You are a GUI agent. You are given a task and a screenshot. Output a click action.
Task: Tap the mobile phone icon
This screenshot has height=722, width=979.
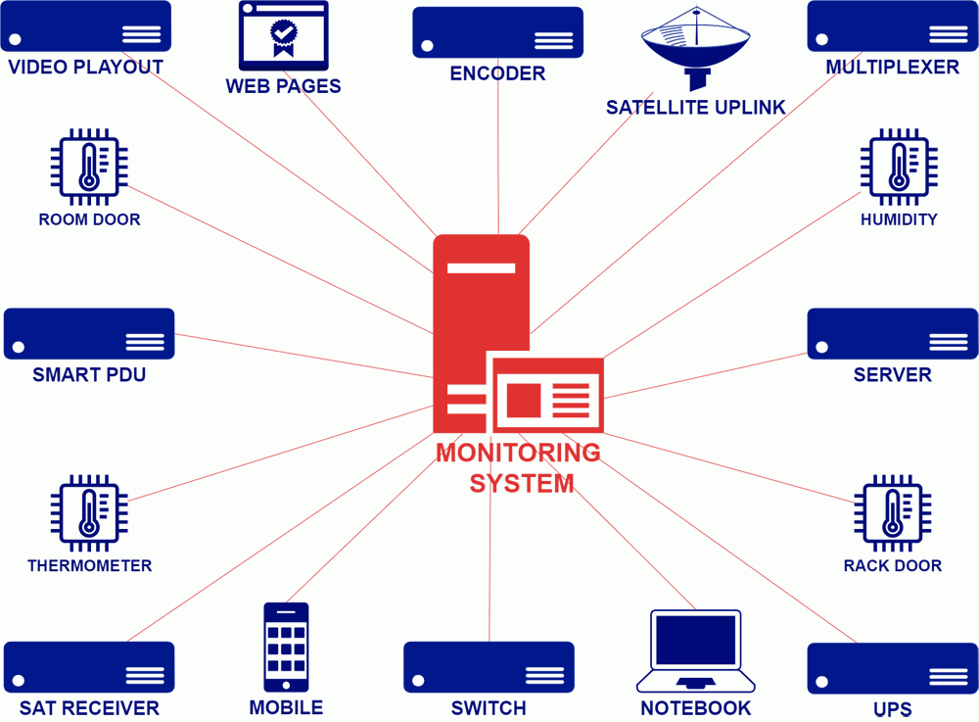pyautogui.click(x=286, y=647)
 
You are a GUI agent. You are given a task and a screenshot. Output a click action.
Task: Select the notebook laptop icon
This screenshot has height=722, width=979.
pyautogui.click(x=695, y=650)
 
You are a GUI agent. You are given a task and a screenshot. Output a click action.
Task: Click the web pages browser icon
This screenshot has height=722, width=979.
pyautogui.click(x=284, y=36)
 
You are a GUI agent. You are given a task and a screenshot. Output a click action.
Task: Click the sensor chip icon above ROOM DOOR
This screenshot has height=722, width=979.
pyautogui.click(x=89, y=167)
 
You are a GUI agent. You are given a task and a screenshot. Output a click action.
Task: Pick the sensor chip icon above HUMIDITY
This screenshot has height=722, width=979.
pyautogui.click(x=899, y=167)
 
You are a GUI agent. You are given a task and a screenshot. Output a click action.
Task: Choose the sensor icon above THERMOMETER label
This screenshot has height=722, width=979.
pyautogui.click(x=89, y=512)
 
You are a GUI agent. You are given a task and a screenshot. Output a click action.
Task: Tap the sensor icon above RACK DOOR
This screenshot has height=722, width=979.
pyautogui.click(x=892, y=512)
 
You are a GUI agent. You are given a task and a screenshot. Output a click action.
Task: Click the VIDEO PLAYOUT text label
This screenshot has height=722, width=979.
pyautogui.click(x=85, y=68)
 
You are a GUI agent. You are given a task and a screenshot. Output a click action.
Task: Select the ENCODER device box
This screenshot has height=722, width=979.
pyautogui.click(x=497, y=33)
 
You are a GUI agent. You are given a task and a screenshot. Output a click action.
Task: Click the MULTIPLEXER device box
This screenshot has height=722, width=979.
pyautogui.click(x=892, y=26)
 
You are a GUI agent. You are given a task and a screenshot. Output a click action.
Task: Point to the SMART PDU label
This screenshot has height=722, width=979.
pyautogui.click(x=89, y=375)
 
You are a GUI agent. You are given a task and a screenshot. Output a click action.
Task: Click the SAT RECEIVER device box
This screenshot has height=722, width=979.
pyautogui.click(x=89, y=666)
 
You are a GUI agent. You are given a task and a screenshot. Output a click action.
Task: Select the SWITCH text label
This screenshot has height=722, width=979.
pyautogui.click(x=489, y=708)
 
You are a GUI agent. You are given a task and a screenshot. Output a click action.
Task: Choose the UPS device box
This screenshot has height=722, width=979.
pyautogui.click(x=892, y=669)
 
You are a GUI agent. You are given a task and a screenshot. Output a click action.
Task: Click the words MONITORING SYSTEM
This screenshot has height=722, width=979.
pyautogui.click(x=519, y=468)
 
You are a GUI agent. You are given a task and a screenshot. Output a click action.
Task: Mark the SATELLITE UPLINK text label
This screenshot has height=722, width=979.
pyautogui.click(x=696, y=108)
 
